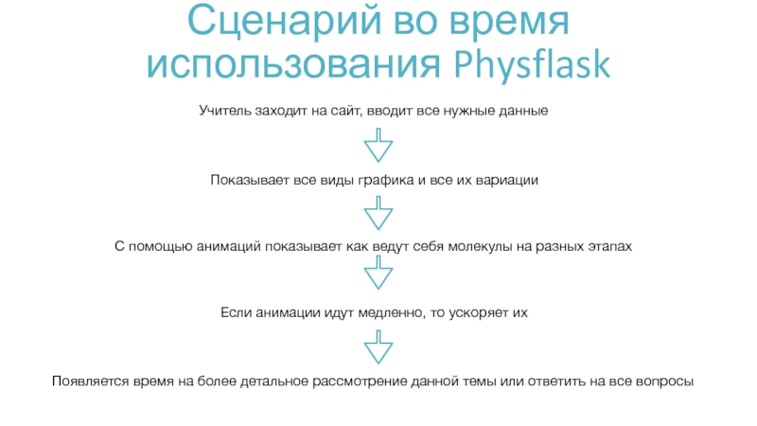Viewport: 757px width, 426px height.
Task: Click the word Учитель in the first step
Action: (x=223, y=111)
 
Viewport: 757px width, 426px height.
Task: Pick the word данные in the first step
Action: (x=524, y=111)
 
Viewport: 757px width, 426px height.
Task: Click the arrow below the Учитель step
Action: (x=378, y=146)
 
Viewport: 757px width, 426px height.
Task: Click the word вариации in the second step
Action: (x=508, y=179)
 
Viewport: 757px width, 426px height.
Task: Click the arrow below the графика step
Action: (x=378, y=212)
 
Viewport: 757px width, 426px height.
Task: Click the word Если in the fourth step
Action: (x=234, y=311)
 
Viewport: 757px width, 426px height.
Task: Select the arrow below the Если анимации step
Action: (x=378, y=346)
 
